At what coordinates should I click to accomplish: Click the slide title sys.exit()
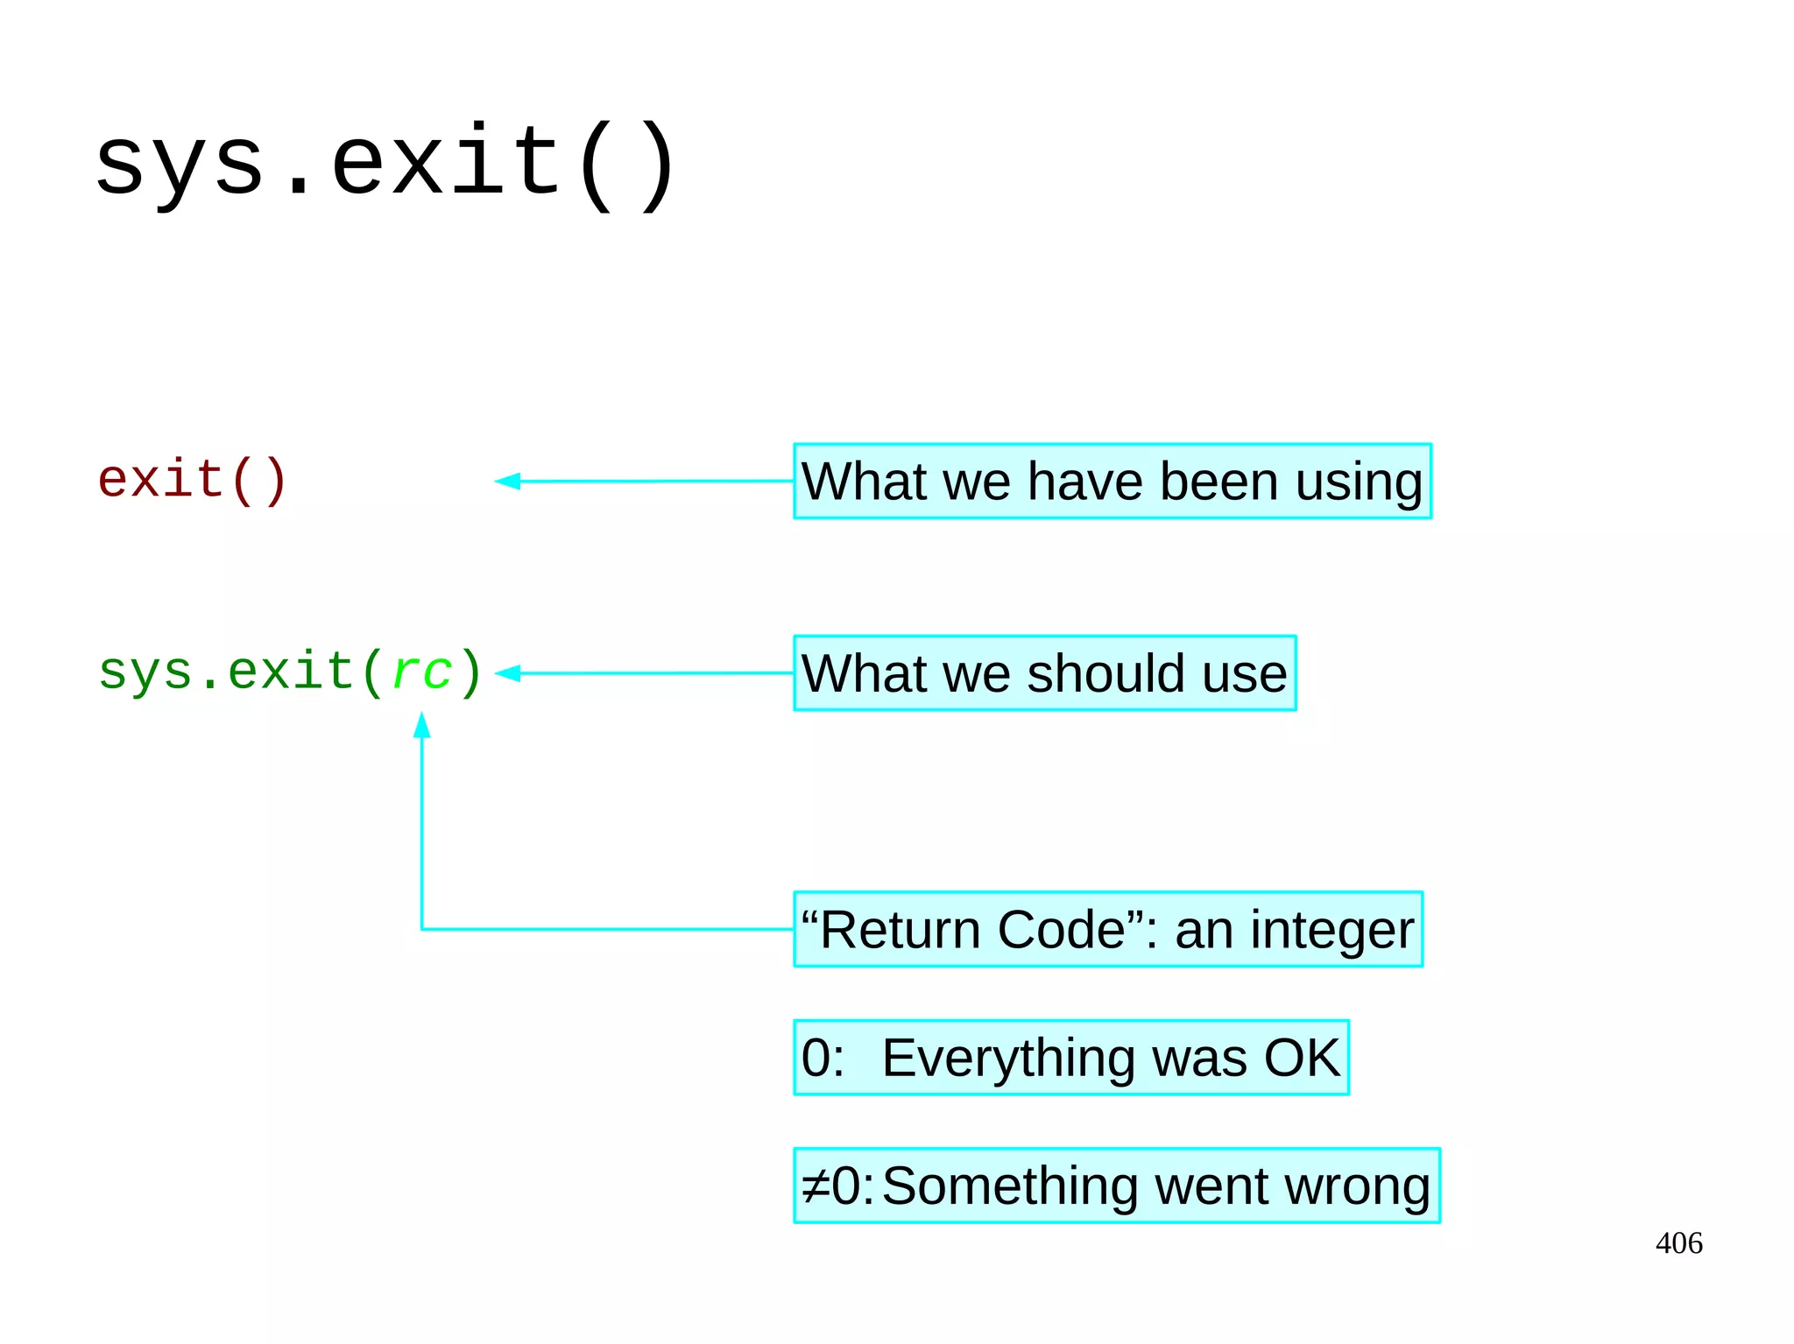[x=385, y=163]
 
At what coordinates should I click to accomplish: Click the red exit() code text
[x=192, y=480]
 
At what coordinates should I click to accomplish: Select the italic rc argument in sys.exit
[x=422, y=672]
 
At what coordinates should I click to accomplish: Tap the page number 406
[x=1678, y=1243]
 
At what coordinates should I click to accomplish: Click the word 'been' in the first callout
[x=1218, y=482]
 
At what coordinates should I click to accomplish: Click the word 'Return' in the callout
[x=900, y=930]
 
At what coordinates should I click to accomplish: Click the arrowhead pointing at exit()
[x=508, y=481]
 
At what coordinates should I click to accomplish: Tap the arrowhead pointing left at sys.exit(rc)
[x=508, y=673]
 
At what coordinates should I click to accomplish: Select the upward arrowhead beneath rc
[x=422, y=726]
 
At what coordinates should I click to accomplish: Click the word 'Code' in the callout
[x=1061, y=930]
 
